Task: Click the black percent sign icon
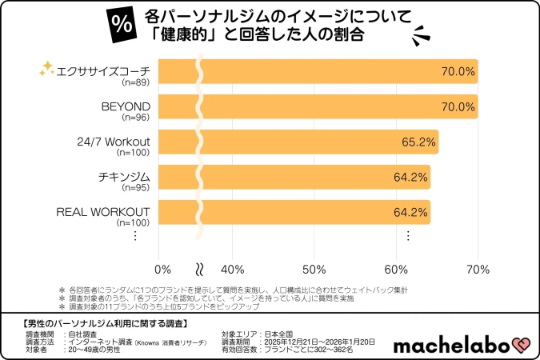[123, 25]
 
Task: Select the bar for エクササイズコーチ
[320, 71]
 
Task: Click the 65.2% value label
[418, 142]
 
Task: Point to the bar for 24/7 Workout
[304, 142]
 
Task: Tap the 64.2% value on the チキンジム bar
[410, 177]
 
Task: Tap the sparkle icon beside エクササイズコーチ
[46, 70]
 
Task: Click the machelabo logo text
[452, 344]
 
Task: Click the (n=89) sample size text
[134, 82]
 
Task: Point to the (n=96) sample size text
[134, 118]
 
